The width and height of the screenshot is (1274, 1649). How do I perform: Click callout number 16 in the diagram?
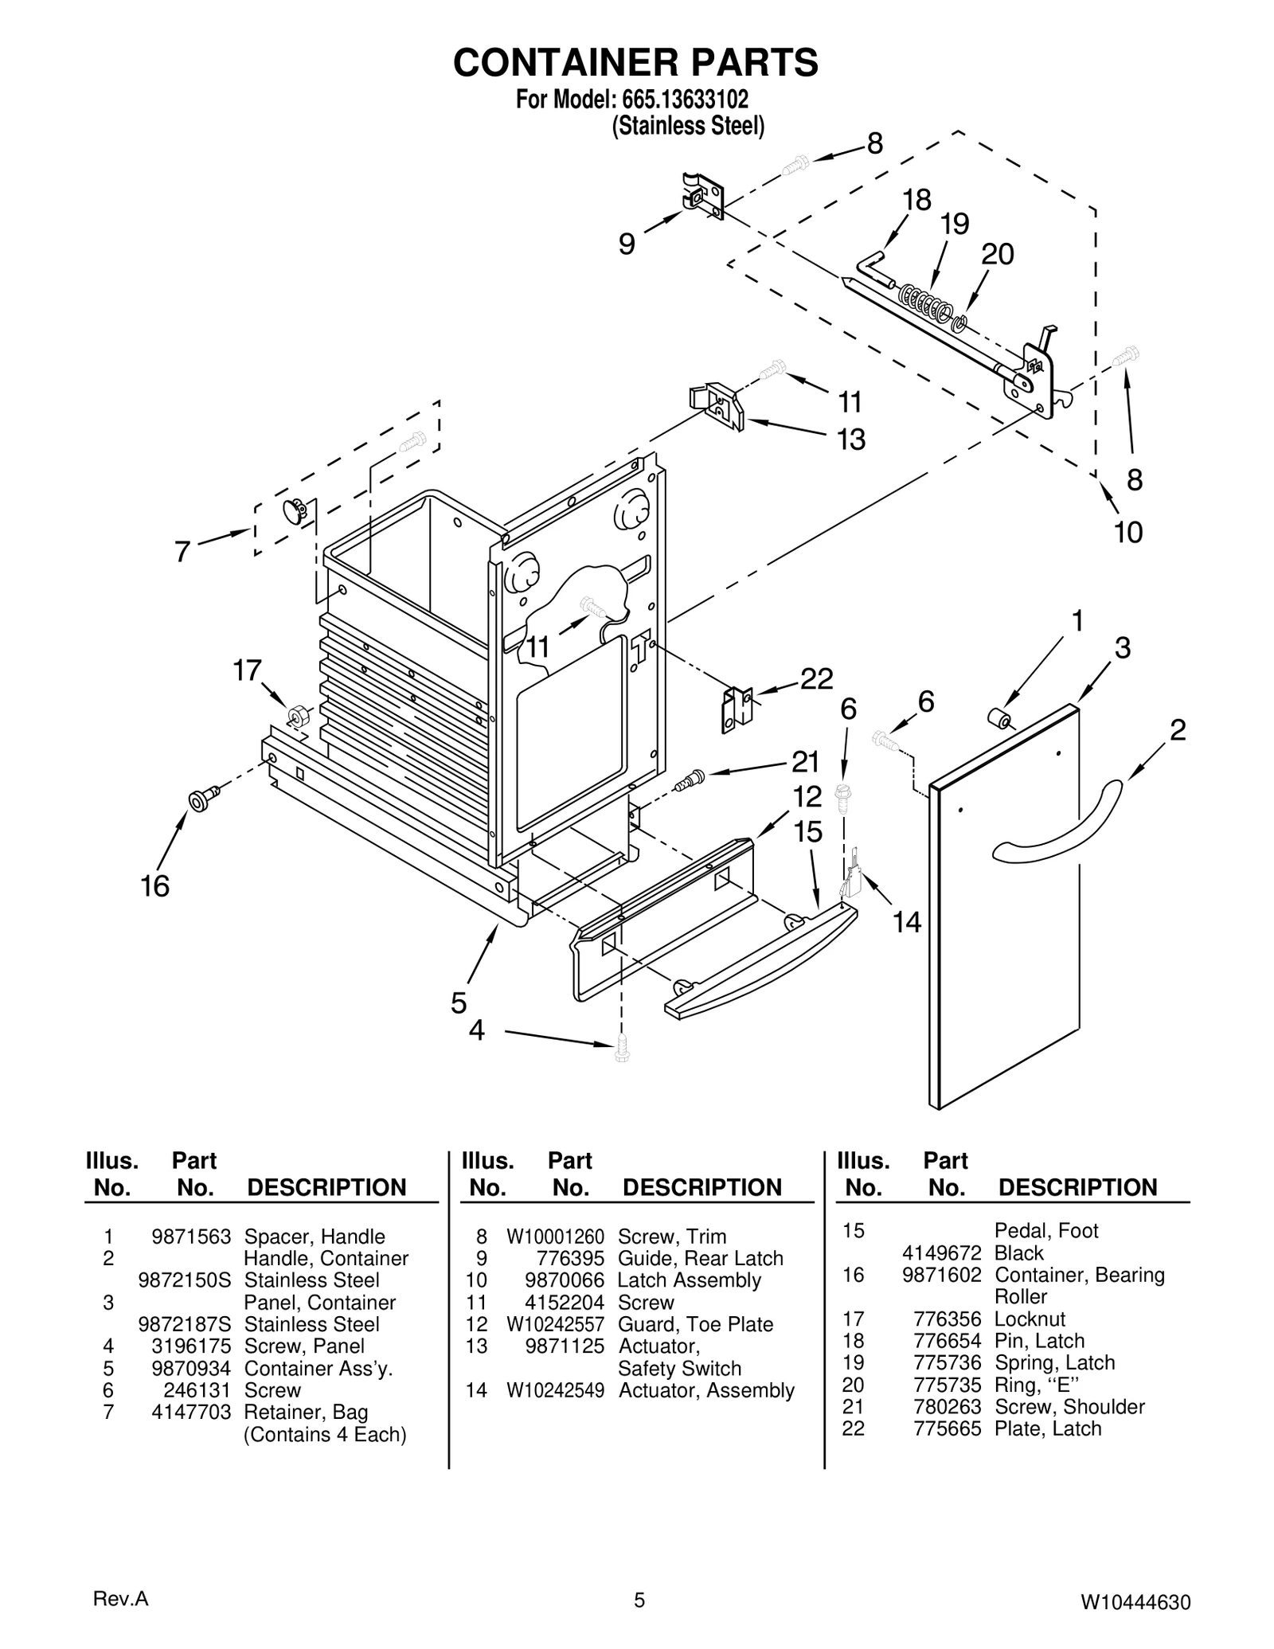[155, 885]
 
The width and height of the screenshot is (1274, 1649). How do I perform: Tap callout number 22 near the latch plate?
[816, 678]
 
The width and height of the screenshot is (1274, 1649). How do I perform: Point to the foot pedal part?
[760, 963]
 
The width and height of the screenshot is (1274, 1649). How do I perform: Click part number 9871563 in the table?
[191, 1237]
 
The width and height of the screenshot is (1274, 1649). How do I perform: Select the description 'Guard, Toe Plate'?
[695, 1324]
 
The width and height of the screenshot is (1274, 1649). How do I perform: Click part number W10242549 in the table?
[555, 1390]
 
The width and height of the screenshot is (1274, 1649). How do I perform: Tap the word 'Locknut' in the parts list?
[1030, 1319]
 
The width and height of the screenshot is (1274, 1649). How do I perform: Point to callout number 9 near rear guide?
[627, 244]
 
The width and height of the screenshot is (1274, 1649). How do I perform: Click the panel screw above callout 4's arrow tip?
[622, 1048]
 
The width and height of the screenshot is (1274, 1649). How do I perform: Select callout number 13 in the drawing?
[851, 439]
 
